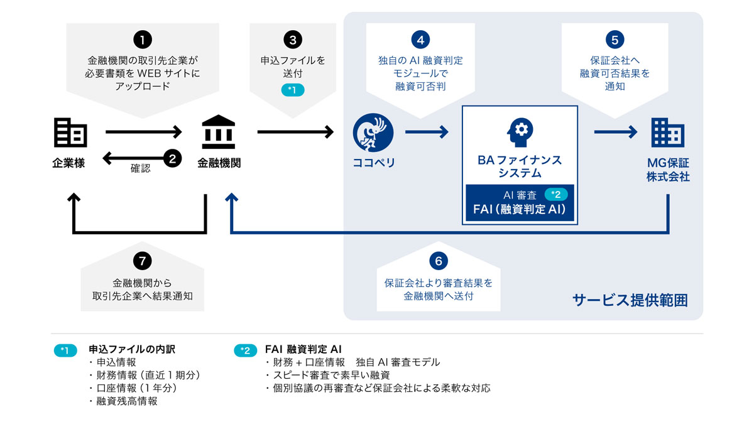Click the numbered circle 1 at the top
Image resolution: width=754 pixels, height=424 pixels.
143,40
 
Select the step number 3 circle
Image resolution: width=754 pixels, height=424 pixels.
293,40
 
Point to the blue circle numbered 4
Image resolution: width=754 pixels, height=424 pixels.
420,40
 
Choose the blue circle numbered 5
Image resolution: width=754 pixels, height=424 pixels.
615,40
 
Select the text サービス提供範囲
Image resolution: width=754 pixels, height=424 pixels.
630,301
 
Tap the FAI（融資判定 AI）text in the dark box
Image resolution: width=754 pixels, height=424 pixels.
520,210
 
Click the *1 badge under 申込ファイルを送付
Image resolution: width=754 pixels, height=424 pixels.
293,91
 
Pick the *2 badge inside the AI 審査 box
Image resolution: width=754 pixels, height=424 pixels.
555,195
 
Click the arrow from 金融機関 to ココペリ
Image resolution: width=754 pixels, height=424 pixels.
295,132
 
